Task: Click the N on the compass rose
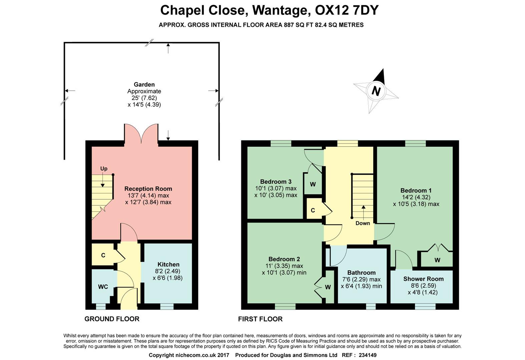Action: pyautogui.click(x=376, y=91)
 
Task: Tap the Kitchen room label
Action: pyautogui.click(x=168, y=264)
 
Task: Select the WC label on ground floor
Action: pyautogui.click(x=103, y=287)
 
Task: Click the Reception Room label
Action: pyautogui.click(x=148, y=189)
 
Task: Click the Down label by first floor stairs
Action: pyautogui.click(x=363, y=223)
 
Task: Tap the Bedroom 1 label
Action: pyautogui.click(x=416, y=190)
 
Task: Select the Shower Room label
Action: pyautogui.click(x=423, y=279)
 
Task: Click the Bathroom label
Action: pyautogui.click(x=361, y=272)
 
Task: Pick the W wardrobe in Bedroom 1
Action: pyautogui.click(x=437, y=260)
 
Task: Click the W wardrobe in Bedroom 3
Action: pyautogui.click(x=313, y=184)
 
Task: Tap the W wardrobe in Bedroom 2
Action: pyautogui.click(x=328, y=287)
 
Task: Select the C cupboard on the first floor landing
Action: pyautogui.click(x=313, y=210)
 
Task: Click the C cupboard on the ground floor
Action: pyautogui.click(x=103, y=255)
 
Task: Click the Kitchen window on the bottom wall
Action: pyautogui.click(x=167, y=306)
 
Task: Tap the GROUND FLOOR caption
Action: pyautogui.click(x=112, y=319)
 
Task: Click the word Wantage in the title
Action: pyautogui.click(x=280, y=10)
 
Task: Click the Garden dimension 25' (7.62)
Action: pyautogui.click(x=144, y=98)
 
